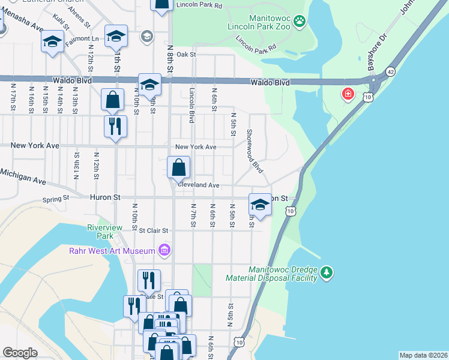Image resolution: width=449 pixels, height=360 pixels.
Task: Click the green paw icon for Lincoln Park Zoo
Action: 300,22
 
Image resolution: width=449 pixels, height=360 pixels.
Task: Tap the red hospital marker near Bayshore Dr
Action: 347,94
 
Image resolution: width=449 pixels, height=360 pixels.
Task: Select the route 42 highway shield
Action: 391,70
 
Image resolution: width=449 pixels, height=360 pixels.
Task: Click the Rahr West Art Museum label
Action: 112,250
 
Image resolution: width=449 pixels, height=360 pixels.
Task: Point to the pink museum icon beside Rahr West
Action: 163,250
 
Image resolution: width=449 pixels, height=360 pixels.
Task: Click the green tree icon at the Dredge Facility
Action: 326,273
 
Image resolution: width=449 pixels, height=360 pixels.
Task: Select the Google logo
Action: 20,352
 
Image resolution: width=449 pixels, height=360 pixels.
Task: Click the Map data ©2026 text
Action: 423,355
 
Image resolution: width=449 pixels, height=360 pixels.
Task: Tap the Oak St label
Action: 187,54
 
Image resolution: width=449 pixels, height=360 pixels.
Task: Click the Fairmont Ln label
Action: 82,38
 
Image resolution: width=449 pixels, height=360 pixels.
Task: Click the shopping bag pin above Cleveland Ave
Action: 179,167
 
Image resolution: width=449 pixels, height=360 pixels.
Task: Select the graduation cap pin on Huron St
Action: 260,205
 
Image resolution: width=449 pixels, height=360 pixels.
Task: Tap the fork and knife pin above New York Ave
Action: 115,126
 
